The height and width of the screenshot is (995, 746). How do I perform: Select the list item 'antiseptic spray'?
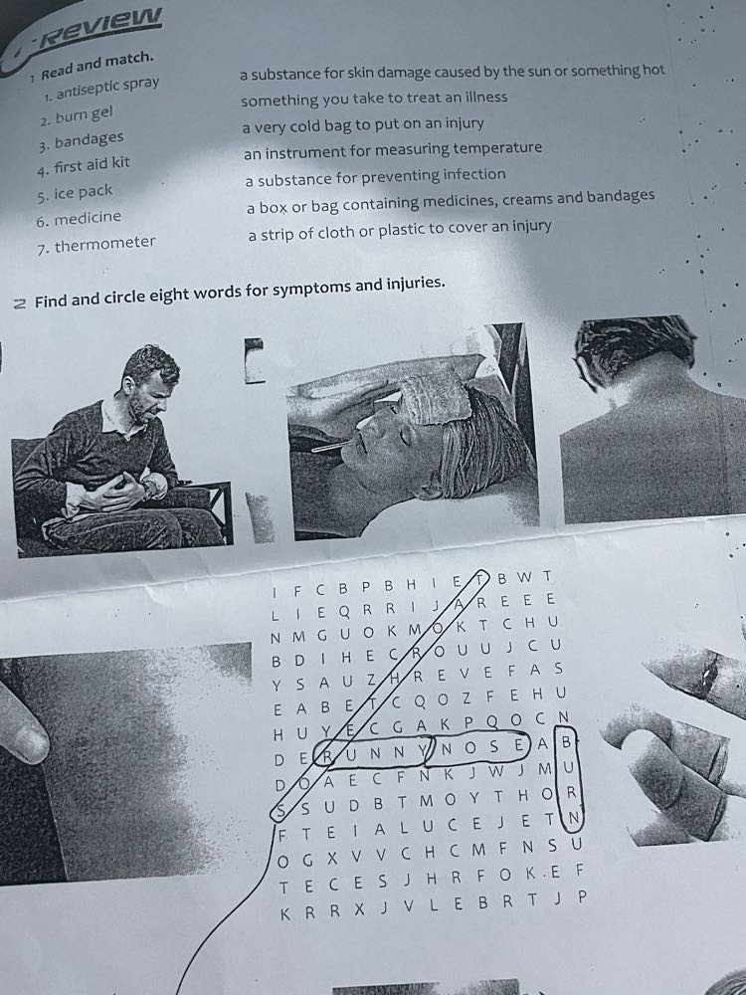click(107, 89)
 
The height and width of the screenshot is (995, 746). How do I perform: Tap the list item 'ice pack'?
click(83, 192)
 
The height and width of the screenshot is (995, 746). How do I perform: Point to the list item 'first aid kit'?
click(92, 165)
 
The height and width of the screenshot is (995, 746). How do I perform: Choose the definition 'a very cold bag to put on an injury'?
click(363, 125)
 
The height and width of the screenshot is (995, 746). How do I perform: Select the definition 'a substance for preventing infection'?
click(376, 177)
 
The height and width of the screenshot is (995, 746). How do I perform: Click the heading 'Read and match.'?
click(97, 66)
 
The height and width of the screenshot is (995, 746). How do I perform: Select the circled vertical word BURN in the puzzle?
click(569, 780)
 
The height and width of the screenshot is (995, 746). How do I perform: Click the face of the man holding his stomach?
click(150, 390)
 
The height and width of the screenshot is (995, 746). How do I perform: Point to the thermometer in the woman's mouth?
click(330, 447)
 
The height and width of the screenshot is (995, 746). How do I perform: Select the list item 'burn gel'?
click(84, 114)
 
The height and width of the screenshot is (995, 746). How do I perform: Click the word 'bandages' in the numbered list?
click(89, 139)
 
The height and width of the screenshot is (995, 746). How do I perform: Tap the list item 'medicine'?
click(88, 218)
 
